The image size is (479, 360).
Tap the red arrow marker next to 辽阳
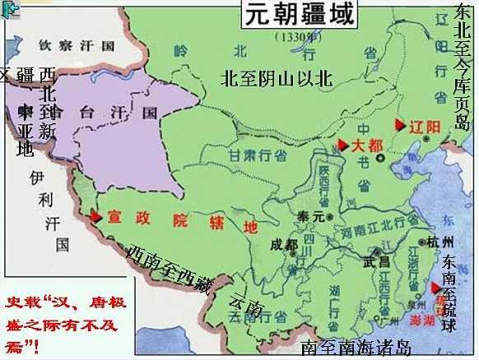400,125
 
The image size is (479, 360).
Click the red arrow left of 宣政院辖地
96,217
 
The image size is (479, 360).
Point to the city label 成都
284,245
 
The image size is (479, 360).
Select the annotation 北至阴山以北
276,78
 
